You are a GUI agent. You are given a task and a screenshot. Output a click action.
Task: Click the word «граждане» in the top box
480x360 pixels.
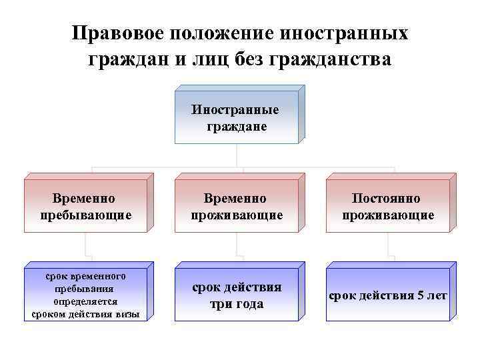click(237, 126)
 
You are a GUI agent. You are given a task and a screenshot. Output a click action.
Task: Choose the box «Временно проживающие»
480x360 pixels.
click(237, 207)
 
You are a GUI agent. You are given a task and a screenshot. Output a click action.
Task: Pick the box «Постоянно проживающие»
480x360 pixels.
click(387, 207)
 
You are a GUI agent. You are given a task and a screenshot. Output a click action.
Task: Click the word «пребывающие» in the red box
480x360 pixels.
click(85, 215)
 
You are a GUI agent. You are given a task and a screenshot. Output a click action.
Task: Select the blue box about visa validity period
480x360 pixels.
click(85, 295)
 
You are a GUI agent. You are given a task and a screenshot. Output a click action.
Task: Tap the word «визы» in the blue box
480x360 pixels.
click(127, 314)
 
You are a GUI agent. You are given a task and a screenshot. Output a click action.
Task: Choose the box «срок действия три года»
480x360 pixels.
click(237, 295)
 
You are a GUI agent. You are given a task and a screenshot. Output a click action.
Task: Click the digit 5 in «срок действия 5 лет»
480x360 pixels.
click(419, 295)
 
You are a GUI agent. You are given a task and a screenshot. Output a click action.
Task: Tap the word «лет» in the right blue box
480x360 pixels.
click(437, 295)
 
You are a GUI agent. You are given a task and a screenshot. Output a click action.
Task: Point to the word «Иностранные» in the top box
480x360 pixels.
click(237, 110)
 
